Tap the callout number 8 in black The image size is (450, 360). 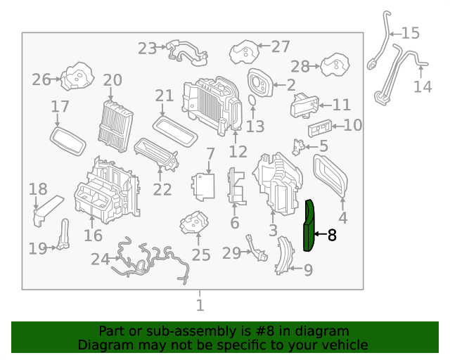pos(332,235)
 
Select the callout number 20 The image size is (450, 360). pos(112,80)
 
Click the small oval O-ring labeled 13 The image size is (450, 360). pos(252,101)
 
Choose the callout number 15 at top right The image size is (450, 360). pos(411,33)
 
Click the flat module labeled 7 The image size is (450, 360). pos(203,187)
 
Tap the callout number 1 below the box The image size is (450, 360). pos(200,305)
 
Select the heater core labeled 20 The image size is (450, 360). pos(115,126)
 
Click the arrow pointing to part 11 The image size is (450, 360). pos(326,105)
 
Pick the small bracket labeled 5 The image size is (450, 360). pos(298,147)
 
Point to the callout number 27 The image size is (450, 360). pos(281,47)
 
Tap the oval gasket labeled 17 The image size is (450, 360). pos(68,141)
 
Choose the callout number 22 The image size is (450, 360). pos(162,189)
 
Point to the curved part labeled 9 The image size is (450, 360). pos(285,255)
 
